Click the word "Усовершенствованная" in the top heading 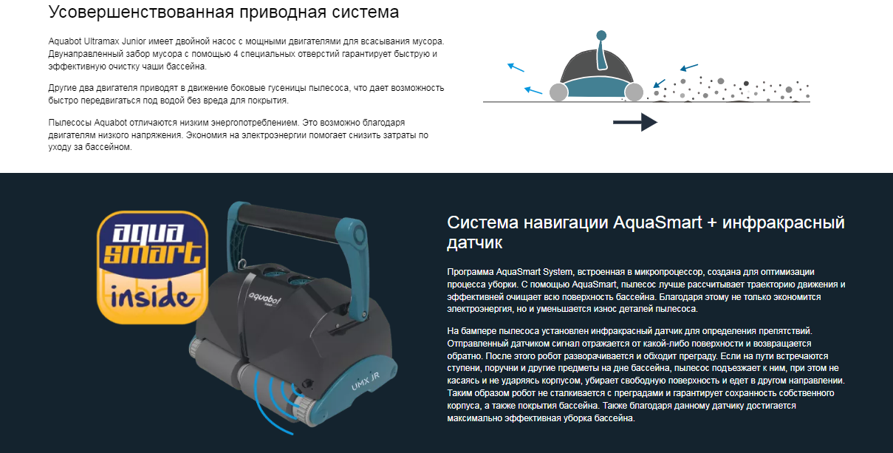141,12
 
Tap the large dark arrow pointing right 635,122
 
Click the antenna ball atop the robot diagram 601,35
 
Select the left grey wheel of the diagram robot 558,92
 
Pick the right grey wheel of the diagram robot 634,92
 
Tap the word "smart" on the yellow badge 153,253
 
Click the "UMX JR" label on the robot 365,381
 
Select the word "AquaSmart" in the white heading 657,222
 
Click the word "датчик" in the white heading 474,243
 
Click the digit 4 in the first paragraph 236,54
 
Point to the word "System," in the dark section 558,272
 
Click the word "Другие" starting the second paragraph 61,88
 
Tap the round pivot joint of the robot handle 357,233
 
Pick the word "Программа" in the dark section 470,273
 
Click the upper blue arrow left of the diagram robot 516,67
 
